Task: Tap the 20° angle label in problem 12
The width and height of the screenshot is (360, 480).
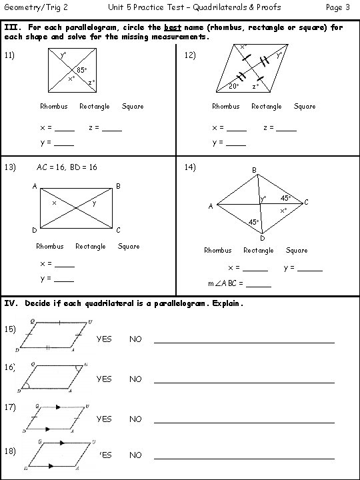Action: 233,87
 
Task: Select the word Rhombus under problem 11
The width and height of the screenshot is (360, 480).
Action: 53,106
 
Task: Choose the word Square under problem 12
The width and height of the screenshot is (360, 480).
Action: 305,106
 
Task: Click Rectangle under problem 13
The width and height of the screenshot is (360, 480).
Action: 91,246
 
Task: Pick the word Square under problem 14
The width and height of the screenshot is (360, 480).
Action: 297,250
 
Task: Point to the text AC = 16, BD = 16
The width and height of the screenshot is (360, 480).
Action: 67,167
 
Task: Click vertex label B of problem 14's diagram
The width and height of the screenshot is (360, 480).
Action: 253,171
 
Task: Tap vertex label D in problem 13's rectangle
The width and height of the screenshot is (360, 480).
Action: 34,231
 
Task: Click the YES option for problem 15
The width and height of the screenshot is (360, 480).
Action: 104,339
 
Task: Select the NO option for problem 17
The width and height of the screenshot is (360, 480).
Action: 135,419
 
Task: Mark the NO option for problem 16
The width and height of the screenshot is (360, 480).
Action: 135,379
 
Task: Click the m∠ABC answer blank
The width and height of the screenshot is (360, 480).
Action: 259,285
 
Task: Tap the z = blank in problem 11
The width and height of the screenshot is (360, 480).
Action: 112,128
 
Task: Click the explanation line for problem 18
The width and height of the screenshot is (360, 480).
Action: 244,458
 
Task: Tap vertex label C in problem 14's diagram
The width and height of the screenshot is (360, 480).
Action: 305,201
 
